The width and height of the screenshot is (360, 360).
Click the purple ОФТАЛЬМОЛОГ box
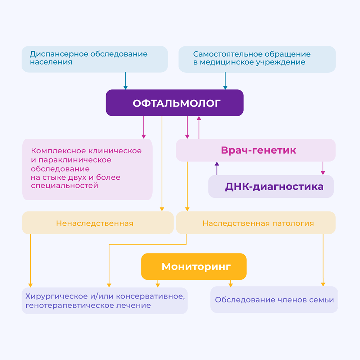point(175,103)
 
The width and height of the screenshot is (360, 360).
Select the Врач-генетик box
point(256,150)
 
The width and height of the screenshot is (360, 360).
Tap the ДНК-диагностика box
point(271,186)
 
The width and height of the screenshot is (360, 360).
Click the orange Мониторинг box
point(194,266)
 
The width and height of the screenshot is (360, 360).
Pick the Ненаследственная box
point(98,223)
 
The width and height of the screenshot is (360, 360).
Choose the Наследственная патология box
point(256,223)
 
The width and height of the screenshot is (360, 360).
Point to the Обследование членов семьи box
point(274,300)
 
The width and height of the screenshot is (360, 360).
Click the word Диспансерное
point(59,54)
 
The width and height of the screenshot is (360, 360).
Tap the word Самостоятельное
point(226,54)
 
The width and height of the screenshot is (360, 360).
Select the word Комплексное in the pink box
point(59,151)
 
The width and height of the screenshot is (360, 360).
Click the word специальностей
point(64,185)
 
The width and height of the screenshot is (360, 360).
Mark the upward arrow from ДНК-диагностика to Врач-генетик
point(217,168)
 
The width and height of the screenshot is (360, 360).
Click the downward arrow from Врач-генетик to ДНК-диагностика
point(323,168)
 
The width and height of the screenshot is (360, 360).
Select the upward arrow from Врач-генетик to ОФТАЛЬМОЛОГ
point(199,127)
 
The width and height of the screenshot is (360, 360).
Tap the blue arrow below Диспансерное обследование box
point(125,81)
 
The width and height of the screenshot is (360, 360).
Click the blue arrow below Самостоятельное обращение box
point(225,81)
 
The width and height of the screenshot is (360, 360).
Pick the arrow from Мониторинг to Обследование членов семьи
point(231,284)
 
